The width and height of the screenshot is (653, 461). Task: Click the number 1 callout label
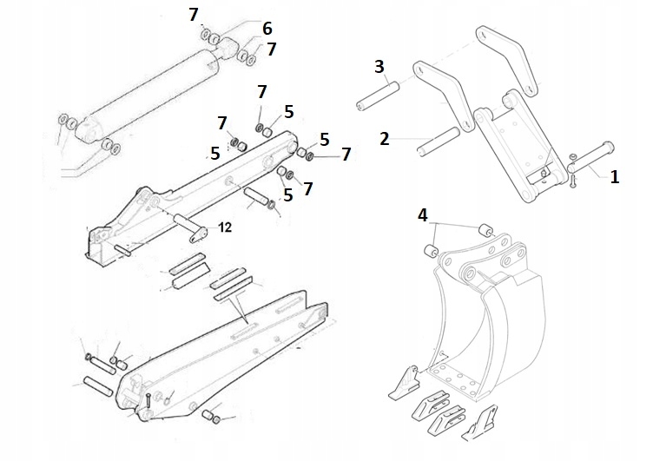point(614,177)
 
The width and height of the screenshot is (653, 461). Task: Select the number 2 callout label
point(384,138)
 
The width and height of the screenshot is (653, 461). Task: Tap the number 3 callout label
point(379,66)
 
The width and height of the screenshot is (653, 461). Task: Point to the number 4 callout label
point(423,213)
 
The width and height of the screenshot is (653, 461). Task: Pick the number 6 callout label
point(267,29)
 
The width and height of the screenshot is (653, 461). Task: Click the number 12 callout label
point(224,227)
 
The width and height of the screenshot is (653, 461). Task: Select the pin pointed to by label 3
point(377,95)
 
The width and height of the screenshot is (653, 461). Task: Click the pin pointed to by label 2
point(439,142)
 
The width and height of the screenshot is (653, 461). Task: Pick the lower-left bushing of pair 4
point(430,252)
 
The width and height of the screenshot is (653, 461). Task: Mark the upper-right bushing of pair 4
point(485,231)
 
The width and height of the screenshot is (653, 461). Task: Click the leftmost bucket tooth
point(406,382)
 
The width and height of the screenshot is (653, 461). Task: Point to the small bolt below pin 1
point(574,181)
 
